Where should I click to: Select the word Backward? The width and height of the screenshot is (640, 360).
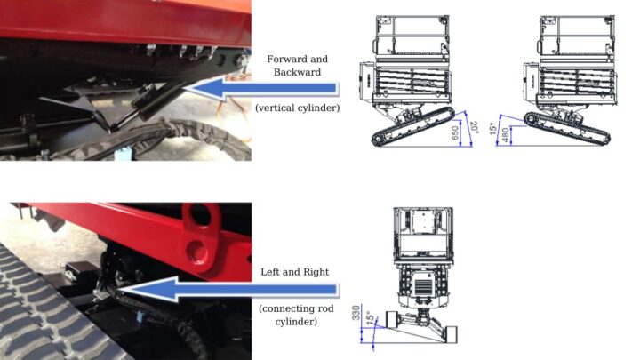[297, 72]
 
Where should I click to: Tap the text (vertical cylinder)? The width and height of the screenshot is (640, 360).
[297, 108]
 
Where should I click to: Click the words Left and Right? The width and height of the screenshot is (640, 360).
[295, 272]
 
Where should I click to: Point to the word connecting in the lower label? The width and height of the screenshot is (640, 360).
[291, 308]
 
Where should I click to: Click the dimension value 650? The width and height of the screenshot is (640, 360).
[455, 132]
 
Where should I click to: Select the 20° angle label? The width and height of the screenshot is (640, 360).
[474, 126]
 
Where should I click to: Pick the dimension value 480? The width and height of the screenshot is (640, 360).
[506, 135]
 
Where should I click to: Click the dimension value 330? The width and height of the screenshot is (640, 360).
[356, 312]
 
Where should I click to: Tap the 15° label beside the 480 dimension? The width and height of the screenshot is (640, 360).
[492, 129]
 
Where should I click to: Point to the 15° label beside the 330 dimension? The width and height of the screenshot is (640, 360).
[369, 317]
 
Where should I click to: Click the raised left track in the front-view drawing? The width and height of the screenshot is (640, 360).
[393, 319]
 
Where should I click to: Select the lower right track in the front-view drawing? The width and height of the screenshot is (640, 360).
[451, 334]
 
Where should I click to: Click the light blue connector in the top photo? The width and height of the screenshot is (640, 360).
[121, 156]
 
